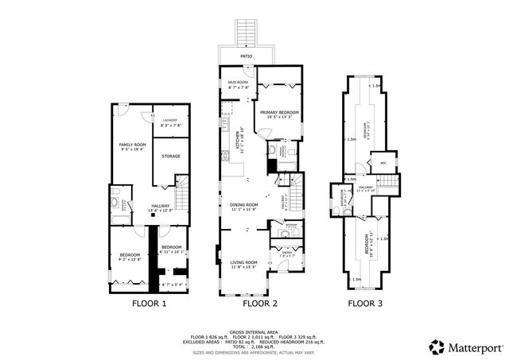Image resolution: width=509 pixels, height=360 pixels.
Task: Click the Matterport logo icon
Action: point(437,346)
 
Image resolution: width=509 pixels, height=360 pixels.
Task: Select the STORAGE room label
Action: point(171,157)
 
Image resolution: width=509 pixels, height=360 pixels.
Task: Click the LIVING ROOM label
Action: point(244,263)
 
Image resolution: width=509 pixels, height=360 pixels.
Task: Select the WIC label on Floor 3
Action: point(383,164)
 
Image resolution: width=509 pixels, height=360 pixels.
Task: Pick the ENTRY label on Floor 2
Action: point(285,254)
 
